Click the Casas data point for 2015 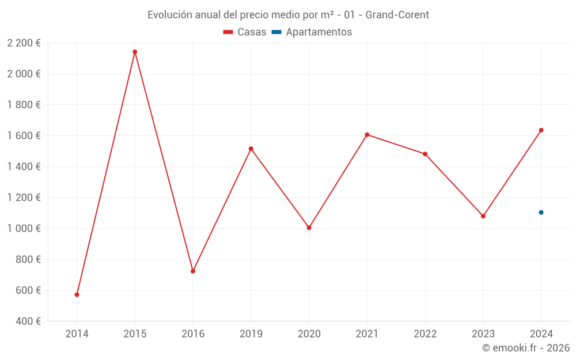pyautogui.click(x=135, y=52)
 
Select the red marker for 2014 pyautogui.click(x=77, y=294)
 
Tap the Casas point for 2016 pyautogui.click(x=193, y=271)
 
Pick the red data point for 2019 pyautogui.click(x=251, y=149)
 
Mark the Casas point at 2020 pyautogui.click(x=309, y=228)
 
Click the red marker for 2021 pyautogui.click(x=367, y=135)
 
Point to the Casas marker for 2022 pyautogui.click(x=425, y=154)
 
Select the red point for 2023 pyautogui.click(x=483, y=216)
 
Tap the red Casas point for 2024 pyautogui.click(x=541, y=130)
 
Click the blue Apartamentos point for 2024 pyautogui.click(x=541, y=213)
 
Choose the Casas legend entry pyautogui.click(x=245, y=32)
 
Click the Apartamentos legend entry pyautogui.click(x=312, y=32)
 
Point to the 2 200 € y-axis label pyautogui.click(x=24, y=43)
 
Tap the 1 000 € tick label pyautogui.click(x=24, y=228)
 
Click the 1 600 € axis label pyautogui.click(x=24, y=135)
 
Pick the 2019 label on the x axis pyautogui.click(x=251, y=334)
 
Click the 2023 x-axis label pyautogui.click(x=483, y=334)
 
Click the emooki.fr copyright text pyautogui.click(x=526, y=348)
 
